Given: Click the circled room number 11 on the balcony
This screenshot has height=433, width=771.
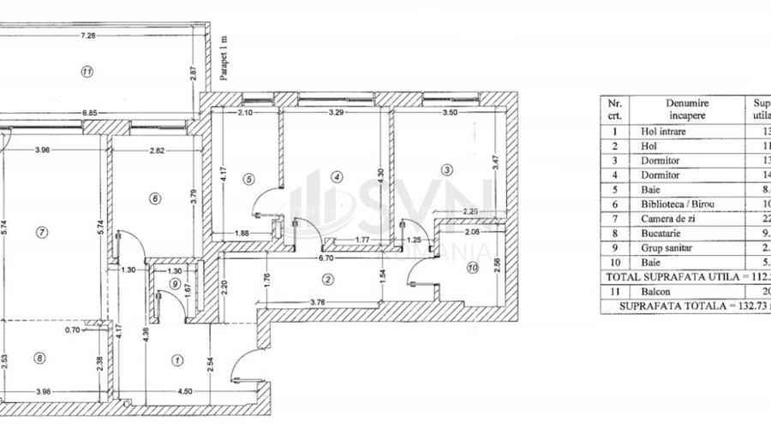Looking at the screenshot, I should [x=87, y=72].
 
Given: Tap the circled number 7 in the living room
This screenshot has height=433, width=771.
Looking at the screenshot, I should [x=40, y=232].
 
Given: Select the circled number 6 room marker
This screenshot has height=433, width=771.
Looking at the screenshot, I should [x=154, y=199].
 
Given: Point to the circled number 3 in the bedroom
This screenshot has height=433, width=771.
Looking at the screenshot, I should [x=447, y=169].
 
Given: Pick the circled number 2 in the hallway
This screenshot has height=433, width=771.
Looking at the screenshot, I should [x=327, y=278].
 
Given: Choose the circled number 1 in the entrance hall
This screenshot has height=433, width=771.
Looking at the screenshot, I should [x=177, y=360].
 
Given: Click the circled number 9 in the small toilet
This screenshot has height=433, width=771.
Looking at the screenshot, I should [x=175, y=284].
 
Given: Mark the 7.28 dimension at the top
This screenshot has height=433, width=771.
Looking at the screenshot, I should [x=87, y=36].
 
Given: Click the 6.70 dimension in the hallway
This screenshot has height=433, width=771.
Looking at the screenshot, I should [x=326, y=257].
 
